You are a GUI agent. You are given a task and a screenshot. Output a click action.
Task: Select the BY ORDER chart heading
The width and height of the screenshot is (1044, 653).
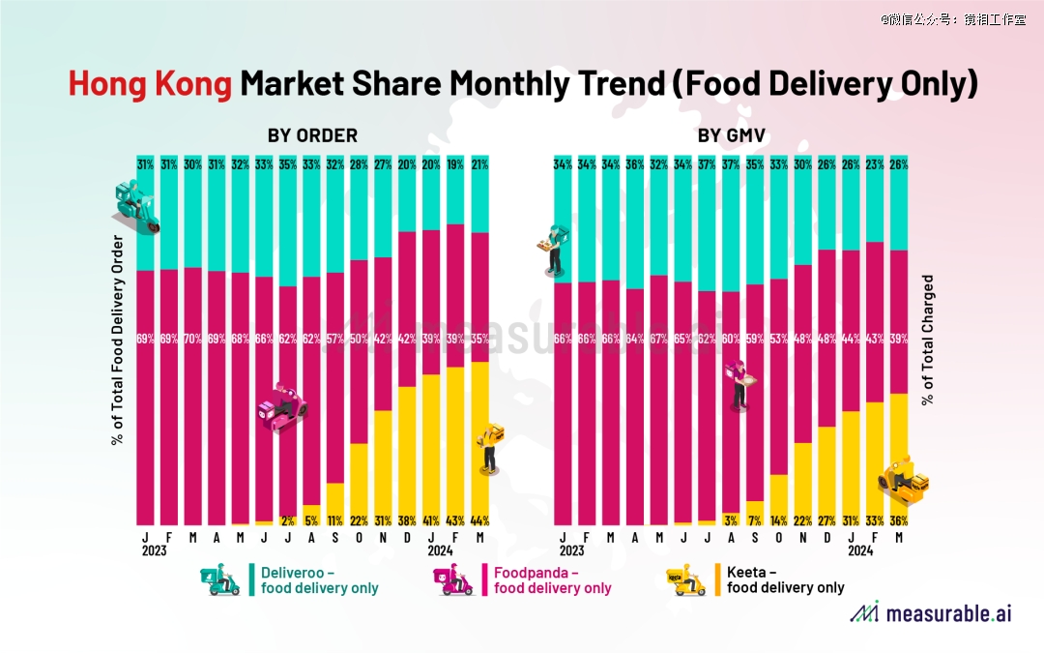tap(312, 135)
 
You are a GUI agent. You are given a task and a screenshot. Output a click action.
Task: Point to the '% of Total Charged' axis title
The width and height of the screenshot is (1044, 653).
tap(929, 340)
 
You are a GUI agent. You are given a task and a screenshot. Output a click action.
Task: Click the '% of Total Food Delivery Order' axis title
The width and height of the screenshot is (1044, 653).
tap(118, 340)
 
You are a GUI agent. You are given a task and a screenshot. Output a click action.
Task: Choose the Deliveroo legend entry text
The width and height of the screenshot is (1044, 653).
tap(319, 579)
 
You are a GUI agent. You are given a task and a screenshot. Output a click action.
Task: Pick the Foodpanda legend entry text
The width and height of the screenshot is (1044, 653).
tap(552, 579)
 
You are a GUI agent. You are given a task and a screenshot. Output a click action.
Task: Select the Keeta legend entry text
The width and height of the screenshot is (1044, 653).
tap(785, 579)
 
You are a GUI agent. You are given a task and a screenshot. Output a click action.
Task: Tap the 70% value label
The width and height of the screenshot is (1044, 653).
tap(193, 340)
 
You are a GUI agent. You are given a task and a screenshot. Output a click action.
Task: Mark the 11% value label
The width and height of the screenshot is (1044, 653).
tap(335, 519)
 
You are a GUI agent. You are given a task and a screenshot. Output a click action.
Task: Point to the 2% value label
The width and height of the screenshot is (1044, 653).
tap(287, 519)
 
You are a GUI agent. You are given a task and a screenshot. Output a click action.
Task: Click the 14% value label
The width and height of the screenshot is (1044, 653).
tap(779, 519)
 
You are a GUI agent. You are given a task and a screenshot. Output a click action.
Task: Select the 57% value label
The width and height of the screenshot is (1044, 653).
tap(335, 340)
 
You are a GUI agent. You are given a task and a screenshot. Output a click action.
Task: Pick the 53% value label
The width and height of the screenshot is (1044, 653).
tap(779, 340)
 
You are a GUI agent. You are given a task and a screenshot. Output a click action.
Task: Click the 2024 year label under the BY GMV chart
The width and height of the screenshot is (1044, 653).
tap(860, 550)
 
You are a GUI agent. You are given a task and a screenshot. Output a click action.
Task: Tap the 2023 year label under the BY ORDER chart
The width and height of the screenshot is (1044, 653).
tap(154, 550)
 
